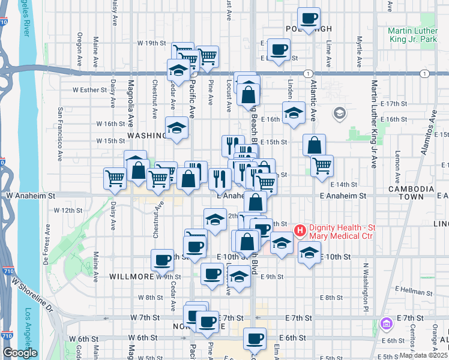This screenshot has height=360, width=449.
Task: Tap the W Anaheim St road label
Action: coord(30,196)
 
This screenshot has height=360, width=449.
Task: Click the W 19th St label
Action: coord(151,43)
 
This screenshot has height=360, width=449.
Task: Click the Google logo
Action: coord(20,353)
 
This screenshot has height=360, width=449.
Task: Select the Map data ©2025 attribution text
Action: coord(423,355)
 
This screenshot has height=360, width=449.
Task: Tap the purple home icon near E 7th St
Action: coord(387,324)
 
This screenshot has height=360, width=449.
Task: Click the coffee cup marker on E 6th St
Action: coord(254,338)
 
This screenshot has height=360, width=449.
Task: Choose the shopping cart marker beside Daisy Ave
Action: coord(115,177)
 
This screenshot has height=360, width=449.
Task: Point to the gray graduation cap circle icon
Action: coord(339,113)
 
